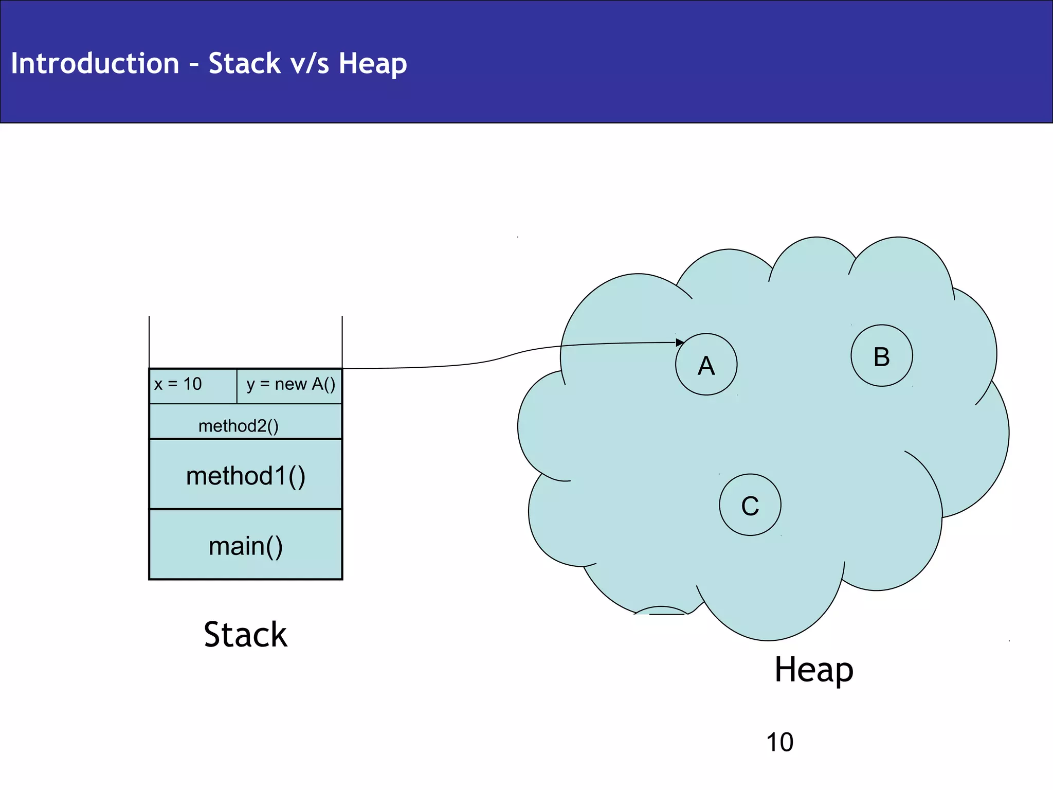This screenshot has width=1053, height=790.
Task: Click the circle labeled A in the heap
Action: point(706,365)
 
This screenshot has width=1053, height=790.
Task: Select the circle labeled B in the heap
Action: point(881,356)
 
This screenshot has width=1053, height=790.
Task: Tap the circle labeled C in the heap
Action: point(750,505)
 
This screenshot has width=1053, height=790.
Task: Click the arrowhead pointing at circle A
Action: point(680,343)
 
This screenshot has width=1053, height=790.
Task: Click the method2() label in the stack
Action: point(239,426)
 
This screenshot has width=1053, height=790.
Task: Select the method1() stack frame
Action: point(246,475)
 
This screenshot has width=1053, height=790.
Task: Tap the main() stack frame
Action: point(246,545)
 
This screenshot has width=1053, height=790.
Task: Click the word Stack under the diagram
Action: point(245,635)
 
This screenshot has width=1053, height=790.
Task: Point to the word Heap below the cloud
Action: point(814,670)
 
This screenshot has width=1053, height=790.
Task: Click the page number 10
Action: point(779,742)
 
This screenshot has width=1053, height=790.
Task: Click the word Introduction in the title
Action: point(95,64)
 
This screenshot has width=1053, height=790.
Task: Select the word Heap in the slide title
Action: point(372,64)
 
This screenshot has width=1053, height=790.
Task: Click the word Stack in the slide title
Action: point(244,64)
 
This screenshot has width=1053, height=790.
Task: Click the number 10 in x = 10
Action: point(192,384)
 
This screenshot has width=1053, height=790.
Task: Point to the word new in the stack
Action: point(291,384)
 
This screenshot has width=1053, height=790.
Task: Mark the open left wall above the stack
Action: point(149,342)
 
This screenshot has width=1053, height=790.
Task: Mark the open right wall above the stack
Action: point(342,342)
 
